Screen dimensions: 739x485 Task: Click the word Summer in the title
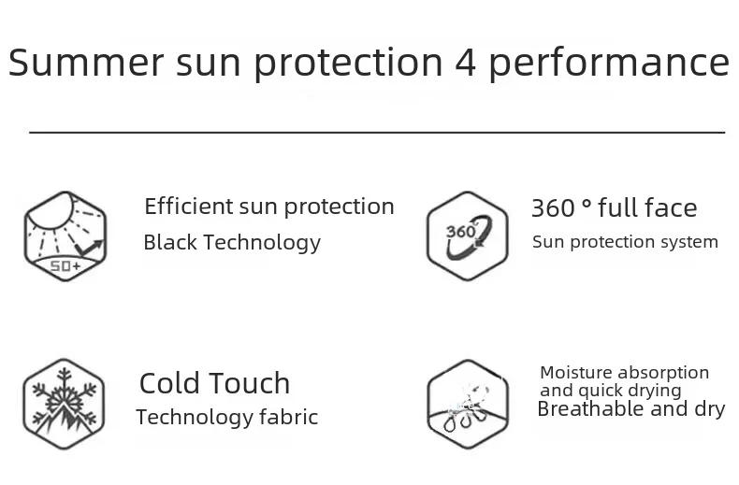pyautogui.click(x=86, y=62)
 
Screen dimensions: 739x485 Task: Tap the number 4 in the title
pyautogui.click(x=466, y=63)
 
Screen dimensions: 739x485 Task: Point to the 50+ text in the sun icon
pyautogui.click(x=65, y=266)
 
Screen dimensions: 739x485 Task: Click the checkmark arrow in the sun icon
pyautogui.click(x=89, y=248)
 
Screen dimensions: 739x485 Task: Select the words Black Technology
pyautogui.click(x=232, y=243)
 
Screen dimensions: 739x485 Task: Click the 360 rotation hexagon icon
pyautogui.click(x=467, y=235)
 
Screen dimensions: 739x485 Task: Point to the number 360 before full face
pyautogui.click(x=554, y=208)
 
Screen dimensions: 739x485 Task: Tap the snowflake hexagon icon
pyautogui.click(x=64, y=404)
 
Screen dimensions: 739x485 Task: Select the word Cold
pyautogui.click(x=170, y=383)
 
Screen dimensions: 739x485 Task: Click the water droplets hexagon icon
pyautogui.click(x=468, y=404)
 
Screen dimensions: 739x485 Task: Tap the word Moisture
pyautogui.click(x=576, y=373)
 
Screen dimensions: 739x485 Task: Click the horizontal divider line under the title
pyautogui.click(x=377, y=133)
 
